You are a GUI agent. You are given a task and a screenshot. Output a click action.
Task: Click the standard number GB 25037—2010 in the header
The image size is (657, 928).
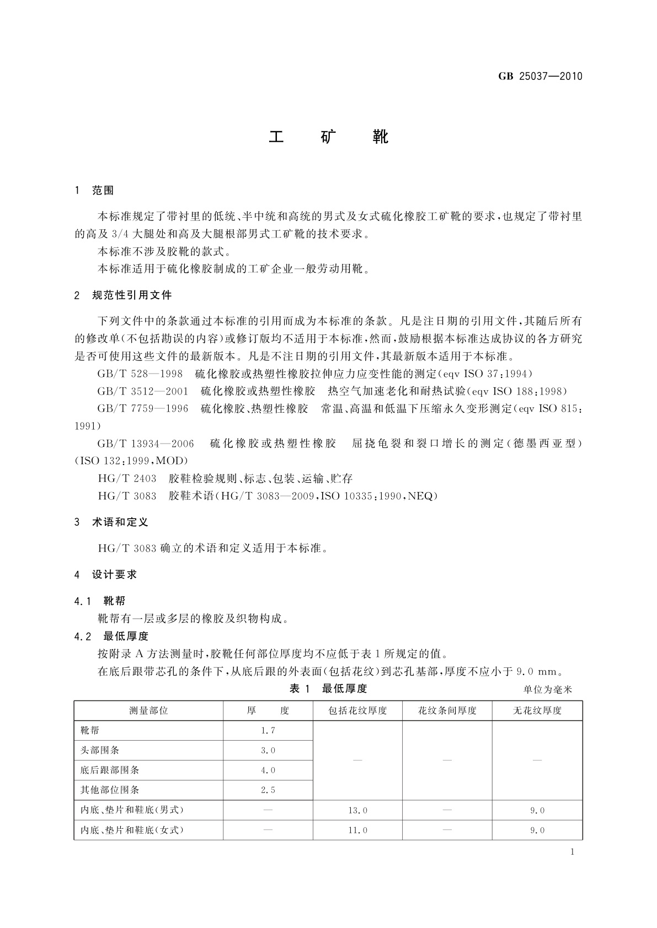[x=540, y=77]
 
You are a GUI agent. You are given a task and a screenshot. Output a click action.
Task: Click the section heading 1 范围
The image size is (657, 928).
[x=94, y=190]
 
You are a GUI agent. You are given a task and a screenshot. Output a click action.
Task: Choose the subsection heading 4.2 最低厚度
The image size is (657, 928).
[x=111, y=636]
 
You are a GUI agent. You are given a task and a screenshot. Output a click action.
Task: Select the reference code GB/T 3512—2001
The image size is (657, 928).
[x=142, y=392]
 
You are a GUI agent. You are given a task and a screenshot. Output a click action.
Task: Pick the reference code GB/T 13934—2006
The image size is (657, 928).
[x=146, y=444]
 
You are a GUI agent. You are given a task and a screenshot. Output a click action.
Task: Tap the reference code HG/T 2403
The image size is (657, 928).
[x=127, y=479]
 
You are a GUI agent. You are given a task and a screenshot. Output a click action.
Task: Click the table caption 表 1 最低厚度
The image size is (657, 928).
[x=328, y=688]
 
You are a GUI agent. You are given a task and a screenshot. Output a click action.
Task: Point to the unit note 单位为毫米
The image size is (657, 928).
[x=548, y=689]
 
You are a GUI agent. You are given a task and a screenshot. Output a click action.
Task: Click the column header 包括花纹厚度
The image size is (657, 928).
[x=357, y=711]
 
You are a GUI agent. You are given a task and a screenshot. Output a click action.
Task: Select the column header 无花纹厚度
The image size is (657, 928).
[x=537, y=711]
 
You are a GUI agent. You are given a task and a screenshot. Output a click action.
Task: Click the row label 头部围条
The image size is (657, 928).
[x=100, y=751]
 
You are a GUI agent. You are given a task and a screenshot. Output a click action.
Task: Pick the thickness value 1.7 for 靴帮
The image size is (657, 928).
[x=268, y=731]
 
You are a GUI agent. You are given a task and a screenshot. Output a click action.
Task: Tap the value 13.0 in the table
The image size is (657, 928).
[x=357, y=811]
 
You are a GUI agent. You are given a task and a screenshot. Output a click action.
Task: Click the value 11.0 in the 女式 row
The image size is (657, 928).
[x=357, y=830]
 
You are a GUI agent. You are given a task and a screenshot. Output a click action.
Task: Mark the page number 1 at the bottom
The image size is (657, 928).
[x=572, y=852]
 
